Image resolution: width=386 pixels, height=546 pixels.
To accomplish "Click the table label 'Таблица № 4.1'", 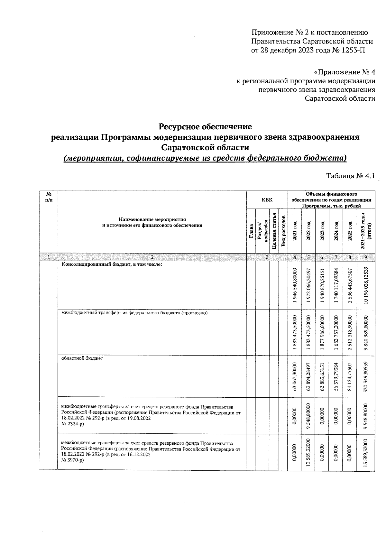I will coord(351,176).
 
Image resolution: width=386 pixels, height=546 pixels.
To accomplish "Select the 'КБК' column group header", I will coord(267,200).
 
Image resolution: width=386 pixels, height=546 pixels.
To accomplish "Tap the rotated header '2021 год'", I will coord(295,231).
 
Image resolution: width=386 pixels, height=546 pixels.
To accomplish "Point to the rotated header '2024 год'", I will coord(336,231).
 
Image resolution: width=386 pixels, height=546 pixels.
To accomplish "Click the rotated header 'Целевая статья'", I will coord(274,231).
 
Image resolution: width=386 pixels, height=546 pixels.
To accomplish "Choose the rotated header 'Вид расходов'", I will coord(283,231).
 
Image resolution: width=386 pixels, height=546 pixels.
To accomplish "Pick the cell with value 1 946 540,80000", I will coord(295,285).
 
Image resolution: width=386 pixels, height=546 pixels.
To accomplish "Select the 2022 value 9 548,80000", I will coord(308,416).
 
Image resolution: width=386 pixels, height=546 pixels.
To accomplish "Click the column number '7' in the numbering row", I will coord(336,257).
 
